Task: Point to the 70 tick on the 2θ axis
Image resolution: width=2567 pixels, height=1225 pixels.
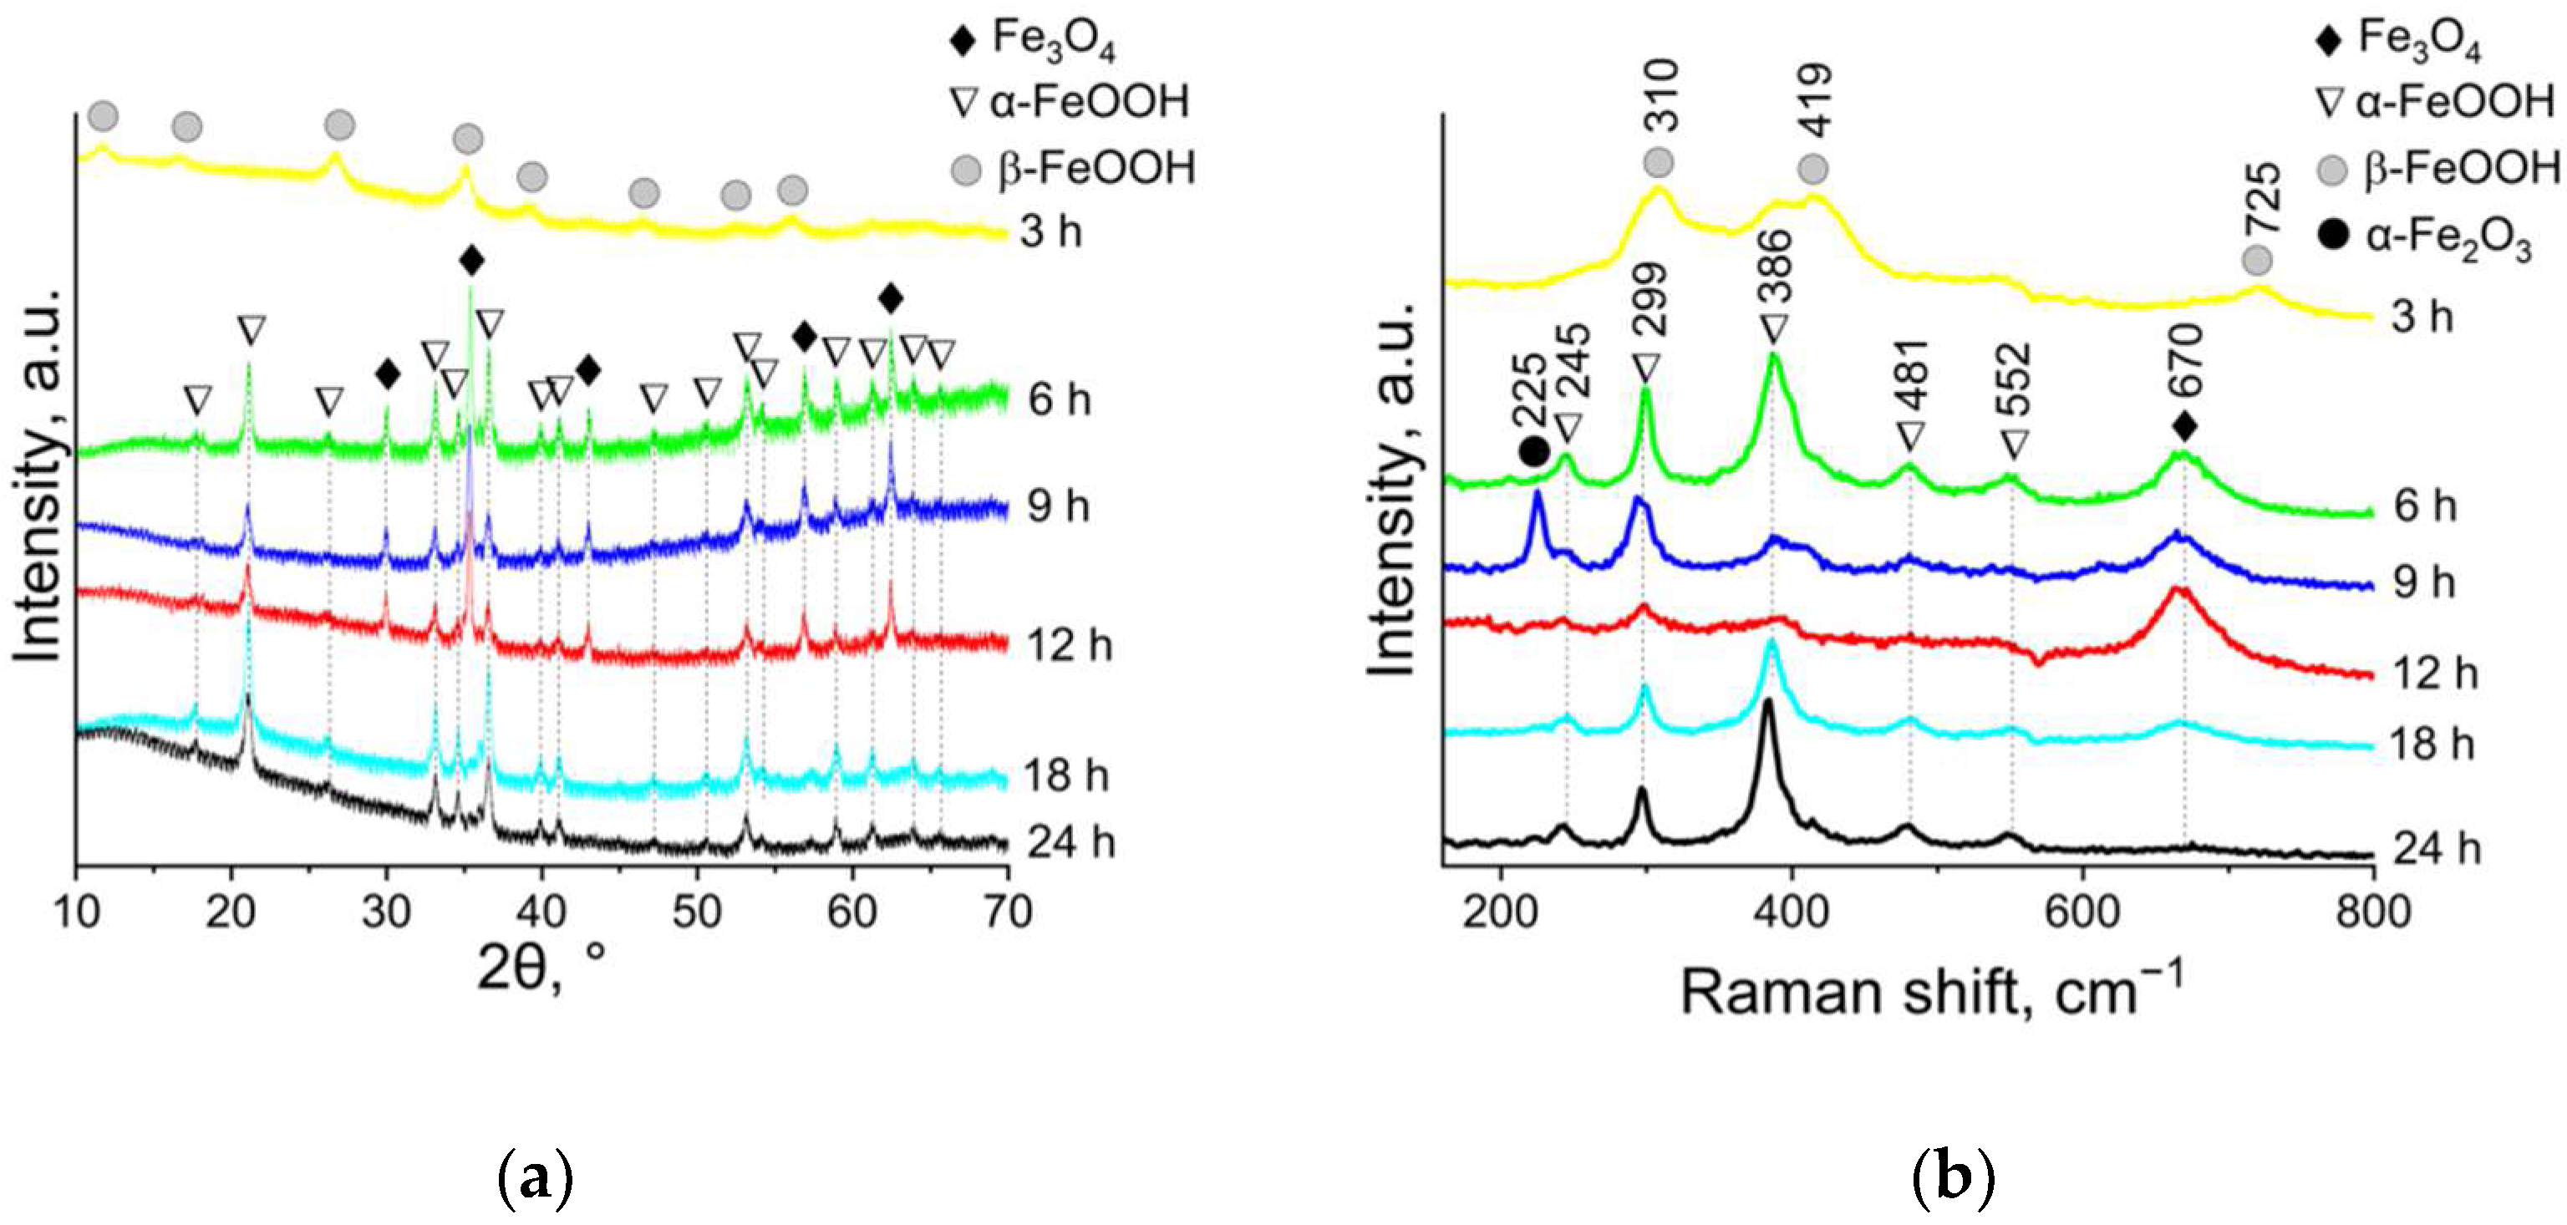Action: coord(1008,912)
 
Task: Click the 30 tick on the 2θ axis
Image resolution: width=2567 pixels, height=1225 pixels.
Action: coord(387,912)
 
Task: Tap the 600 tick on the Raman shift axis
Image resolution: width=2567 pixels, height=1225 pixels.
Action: coord(2082,912)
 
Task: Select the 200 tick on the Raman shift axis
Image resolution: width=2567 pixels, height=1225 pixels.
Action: coord(1500,912)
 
